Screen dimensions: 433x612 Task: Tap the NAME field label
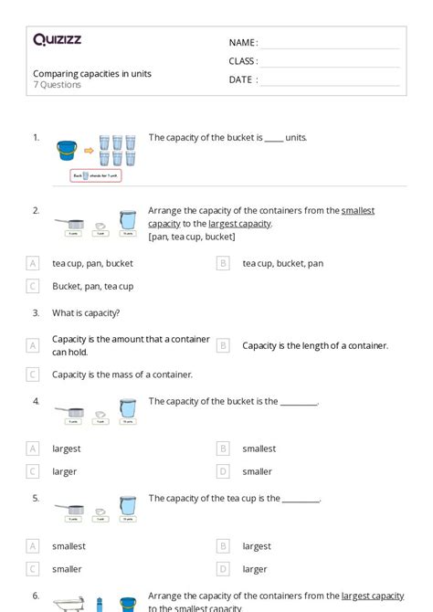(x=243, y=43)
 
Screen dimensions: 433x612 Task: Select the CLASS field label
(x=243, y=61)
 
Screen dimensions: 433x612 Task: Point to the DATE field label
(x=243, y=79)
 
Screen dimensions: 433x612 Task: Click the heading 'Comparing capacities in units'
(x=92, y=73)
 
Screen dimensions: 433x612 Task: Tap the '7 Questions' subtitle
(x=58, y=85)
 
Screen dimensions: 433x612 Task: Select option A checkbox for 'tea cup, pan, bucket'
(x=33, y=263)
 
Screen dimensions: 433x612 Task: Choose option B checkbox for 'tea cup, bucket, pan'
(x=223, y=263)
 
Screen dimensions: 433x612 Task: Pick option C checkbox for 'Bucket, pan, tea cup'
(x=33, y=286)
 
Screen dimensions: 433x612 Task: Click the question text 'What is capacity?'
(x=86, y=312)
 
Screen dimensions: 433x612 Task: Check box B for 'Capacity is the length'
(x=223, y=345)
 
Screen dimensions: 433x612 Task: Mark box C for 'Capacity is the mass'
(x=33, y=374)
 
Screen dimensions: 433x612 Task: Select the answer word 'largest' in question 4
(x=67, y=448)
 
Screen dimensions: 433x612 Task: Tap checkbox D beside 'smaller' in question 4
(x=223, y=471)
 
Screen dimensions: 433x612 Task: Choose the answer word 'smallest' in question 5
(x=69, y=545)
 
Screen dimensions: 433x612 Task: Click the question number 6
(x=36, y=595)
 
